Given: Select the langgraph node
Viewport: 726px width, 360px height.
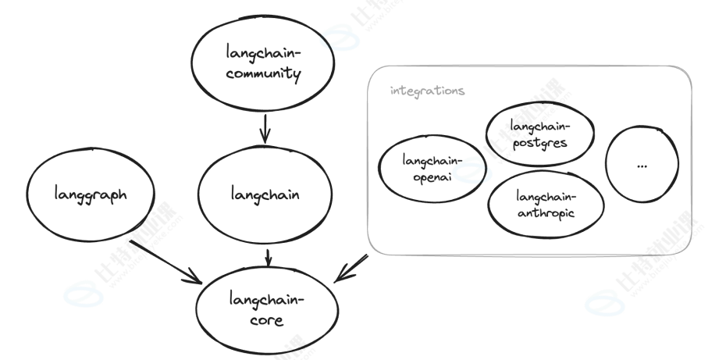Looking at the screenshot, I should (87, 192).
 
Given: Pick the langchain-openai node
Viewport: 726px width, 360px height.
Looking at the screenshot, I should (432, 169).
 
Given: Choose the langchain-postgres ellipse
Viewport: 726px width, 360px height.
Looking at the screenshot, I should (539, 134).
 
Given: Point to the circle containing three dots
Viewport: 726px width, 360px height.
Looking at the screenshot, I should (642, 165).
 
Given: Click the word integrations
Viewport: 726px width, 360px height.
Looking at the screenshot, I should (427, 91).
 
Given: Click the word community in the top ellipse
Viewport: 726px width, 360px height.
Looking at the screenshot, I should (246, 75).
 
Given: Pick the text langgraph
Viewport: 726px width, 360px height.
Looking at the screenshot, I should (87, 193).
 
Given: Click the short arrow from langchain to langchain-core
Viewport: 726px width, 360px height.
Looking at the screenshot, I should (269, 255).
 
